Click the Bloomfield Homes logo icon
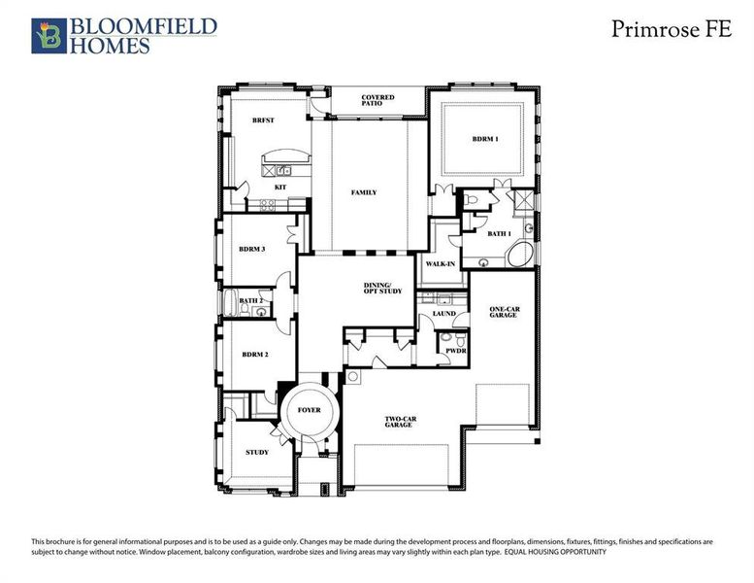pyautogui.click(x=46, y=35)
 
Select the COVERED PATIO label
pyautogui.click(x=377, y=102)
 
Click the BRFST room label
pyautogui.click(x=262, y=120)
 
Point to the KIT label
pyautogui.click(x=279, y=186)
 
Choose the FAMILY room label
pyautogui.click(x=363, y=192)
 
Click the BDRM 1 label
pyautogui.click(x=484, y=139)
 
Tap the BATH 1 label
pyautogui.click(x=499, y=233)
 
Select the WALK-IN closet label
pyautogui.click(x=441, y=263)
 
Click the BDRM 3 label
pyautogui.click(x=252, y=250)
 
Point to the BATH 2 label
pyautogui.click(x=251, y=301)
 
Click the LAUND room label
pyautogui.click(x=443, y=314)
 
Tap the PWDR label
pyautogui.click(x=456, y=351)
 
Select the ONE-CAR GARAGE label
pyautogui.click(x=502, y=312)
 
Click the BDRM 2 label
pyautogui.click(x=254, y=354)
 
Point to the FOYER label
pyautogui.click(x=310, y=411)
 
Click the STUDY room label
pyautogui.click(x=256, y=452)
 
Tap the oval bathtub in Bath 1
pyautogui.click(x=518, y=257)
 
